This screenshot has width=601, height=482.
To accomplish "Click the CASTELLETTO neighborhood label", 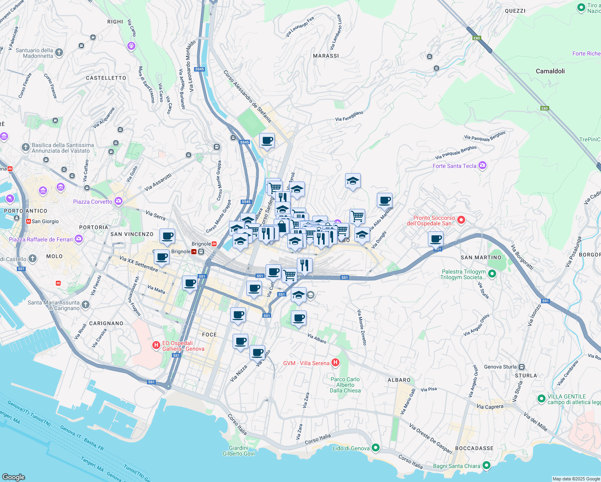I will pos(106,78).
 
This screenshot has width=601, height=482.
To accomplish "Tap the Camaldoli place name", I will pos(550,71).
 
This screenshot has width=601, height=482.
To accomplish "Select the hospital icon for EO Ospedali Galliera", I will pos(156,345).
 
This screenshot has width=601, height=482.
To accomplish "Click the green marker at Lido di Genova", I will pos(376,447).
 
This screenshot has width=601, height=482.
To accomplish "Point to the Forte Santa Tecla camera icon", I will pos(482,165).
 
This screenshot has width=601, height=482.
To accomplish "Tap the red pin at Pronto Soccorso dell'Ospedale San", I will pos(461,220).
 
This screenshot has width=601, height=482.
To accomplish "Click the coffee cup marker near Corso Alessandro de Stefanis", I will pos(267,141).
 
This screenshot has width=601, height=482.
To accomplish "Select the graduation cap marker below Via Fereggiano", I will pos(353,181).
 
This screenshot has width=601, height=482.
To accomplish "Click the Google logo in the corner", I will pos(14,477).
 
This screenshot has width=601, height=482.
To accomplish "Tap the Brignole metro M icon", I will pos(215,244).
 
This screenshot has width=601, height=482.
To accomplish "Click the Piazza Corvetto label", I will pos(93,202).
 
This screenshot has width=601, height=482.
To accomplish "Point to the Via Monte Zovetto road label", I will pos(362,327).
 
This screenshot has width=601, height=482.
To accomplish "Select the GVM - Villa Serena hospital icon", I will pos(335,363).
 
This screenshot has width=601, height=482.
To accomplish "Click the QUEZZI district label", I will pos(515,11).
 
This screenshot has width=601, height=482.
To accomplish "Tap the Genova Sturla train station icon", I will pos(521,367).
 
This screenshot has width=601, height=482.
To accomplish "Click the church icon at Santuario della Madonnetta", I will pos(59,53).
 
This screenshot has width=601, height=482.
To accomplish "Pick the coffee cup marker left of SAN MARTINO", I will pos(435,239).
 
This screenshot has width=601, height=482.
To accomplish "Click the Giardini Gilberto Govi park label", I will pos(239,451).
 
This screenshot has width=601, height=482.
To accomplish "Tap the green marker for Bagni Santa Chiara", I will pos(487,466).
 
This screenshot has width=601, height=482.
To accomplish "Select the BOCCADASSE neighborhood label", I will pos(474,448).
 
